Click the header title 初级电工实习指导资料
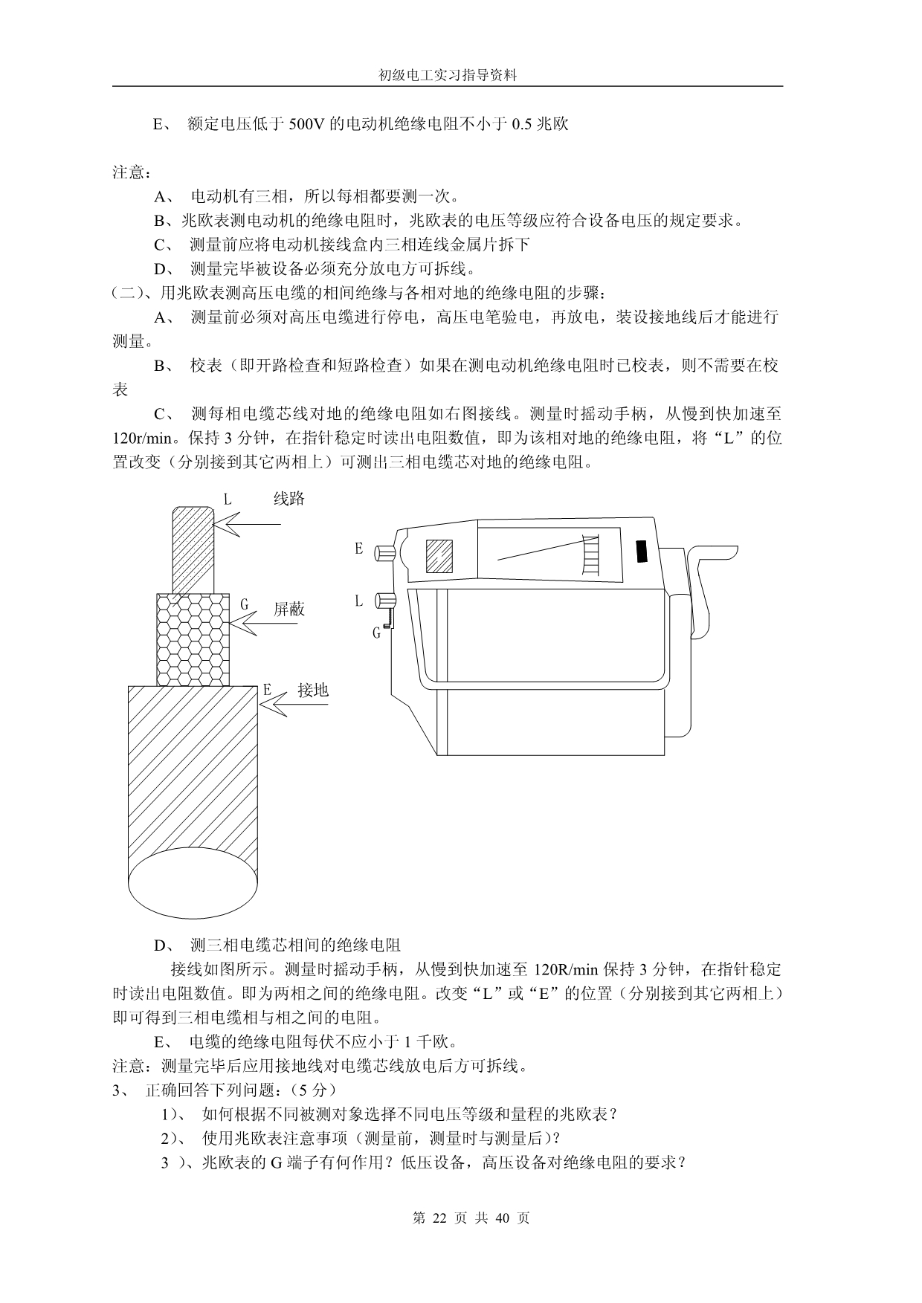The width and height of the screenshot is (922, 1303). coord(447,75)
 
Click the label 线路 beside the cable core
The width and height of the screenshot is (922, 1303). coord(289,499)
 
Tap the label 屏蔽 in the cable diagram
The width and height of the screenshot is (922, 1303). coord(289,610)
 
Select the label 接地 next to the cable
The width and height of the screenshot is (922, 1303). coord(313,690)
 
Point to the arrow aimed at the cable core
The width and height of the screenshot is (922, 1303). coord(248,525)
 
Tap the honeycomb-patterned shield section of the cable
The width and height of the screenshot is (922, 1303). coord(193,639)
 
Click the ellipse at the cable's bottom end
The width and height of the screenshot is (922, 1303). coord(193,885)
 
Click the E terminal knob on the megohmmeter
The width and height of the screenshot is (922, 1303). coord(386,553)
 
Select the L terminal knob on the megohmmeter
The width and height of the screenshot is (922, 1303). coord(386,600)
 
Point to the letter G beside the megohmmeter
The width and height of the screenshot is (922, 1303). coord(377,633)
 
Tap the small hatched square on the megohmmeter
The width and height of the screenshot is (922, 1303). coord(439,555)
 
